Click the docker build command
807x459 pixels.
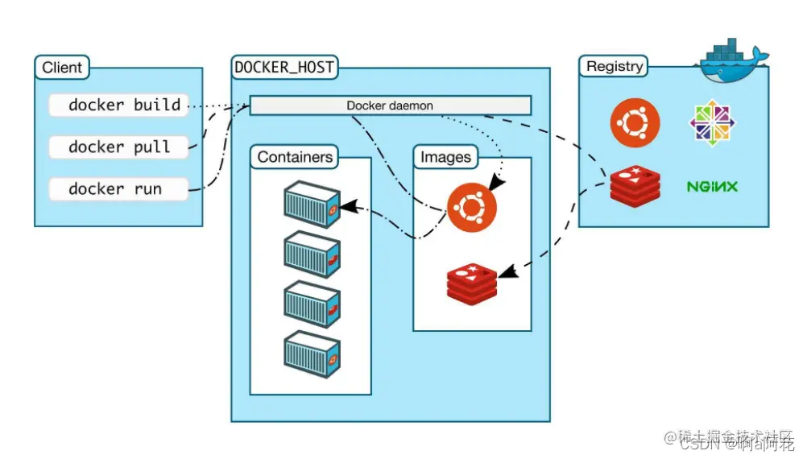coord(118,105)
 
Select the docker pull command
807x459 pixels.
coord(118,147)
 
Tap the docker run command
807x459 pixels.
coord(118,189)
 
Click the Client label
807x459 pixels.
coord(62,67)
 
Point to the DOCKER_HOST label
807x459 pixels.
coord(284,68)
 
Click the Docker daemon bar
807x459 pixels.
coord(390,105)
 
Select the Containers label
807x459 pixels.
coord(295,157)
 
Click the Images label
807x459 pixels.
coord(445,157)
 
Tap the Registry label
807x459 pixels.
coord(615,67)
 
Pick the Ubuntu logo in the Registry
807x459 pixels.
coord(635,123)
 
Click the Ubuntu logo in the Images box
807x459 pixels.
coord(473,208)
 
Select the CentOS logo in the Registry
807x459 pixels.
coord(713,123)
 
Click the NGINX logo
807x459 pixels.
coord(712,187)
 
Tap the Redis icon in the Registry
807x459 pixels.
coord(635,186)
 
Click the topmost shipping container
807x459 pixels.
coord(312,203)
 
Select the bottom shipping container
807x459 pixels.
coord(312,355)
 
